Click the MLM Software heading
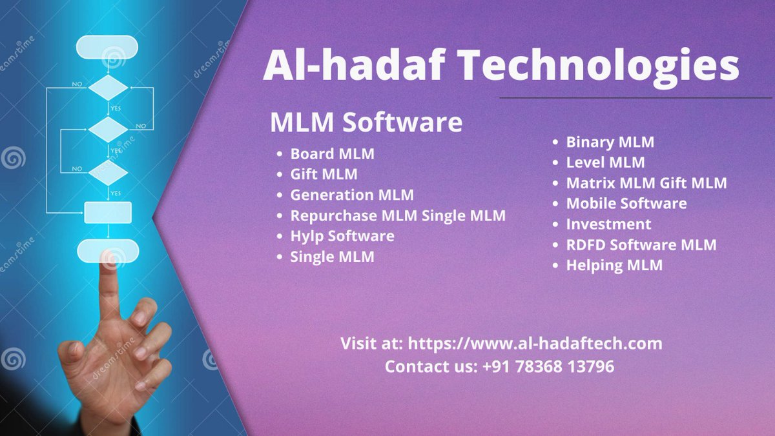tap(366, 122)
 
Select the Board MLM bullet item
tap(332, 154)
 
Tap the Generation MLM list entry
tap(352, 195)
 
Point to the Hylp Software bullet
tap(342, 237)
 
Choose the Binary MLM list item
tap(610, 143)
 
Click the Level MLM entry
tap(606, 163)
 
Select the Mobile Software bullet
tap(626, 204)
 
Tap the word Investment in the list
tap(608, 224)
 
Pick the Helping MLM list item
tap(614, 266)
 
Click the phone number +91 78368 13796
tap(548, 366)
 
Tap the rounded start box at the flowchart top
tap(107, 47)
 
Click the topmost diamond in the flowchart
tap(108, 88)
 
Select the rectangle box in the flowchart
tap(108, 212)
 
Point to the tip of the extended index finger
tap(108, 257)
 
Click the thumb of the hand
tap(72, 352)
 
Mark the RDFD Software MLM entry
tap(641, 245)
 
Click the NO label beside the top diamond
tap(77, 84)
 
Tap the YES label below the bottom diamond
tap(116, 193)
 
